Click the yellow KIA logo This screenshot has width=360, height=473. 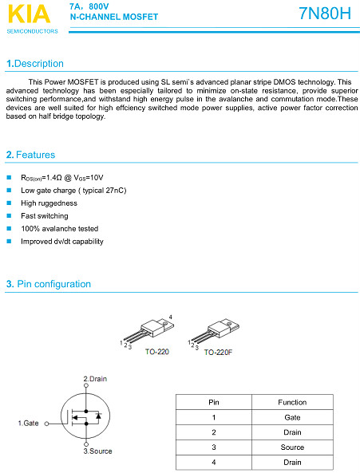point(29,14)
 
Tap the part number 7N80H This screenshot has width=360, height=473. point(325,14)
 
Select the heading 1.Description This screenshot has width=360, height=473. point(35,64)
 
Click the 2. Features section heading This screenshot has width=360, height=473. point(31,155)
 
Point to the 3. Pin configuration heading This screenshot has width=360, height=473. point(49,284)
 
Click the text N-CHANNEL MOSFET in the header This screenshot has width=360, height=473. point(114,17)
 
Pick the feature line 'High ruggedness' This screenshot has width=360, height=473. point(49,203)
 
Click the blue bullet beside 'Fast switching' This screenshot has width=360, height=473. point(9,215)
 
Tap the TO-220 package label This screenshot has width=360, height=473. point(157,352)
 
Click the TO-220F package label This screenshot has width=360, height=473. point(218,353)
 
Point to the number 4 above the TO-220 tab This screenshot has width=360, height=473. point(171,317)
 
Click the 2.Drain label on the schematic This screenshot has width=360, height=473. point(95,379)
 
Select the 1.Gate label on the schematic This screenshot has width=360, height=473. point(29,424)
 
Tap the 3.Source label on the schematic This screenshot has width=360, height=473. point(97,451)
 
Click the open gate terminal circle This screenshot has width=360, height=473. point(47,424)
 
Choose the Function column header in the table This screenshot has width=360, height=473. point(292,403)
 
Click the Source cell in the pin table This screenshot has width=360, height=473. point(292,447)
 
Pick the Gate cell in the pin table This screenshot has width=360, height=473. point(292,417)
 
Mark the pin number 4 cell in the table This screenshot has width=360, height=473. point(214,462)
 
